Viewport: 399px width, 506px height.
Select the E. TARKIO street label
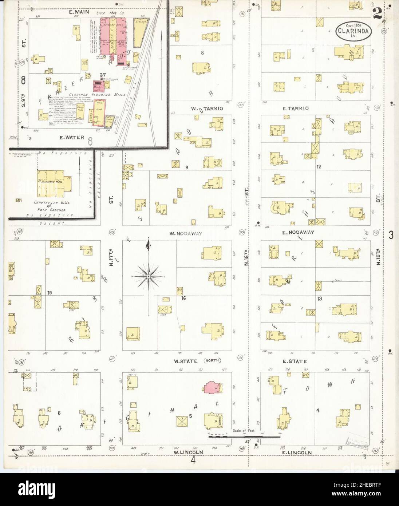296,108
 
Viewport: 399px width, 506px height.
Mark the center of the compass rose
149,277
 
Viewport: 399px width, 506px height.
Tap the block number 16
184,299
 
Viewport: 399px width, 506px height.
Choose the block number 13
320,299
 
